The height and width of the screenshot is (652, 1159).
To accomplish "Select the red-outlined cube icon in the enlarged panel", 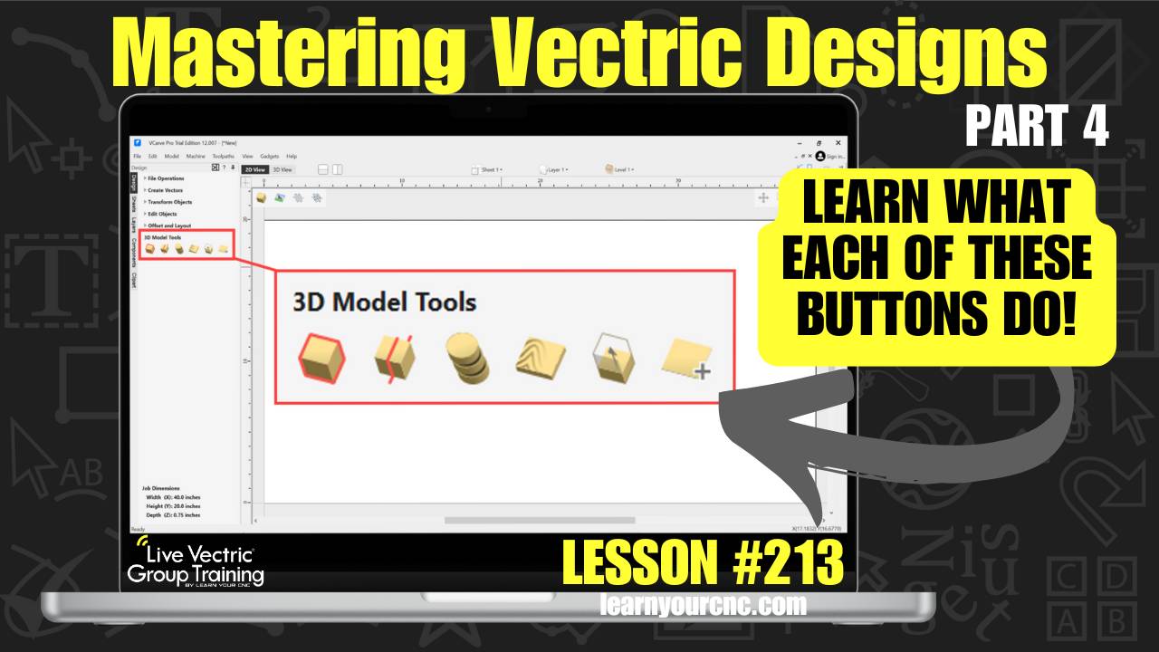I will click(x=321, y=359).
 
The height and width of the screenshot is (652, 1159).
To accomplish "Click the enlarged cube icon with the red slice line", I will click(x=396, y=359).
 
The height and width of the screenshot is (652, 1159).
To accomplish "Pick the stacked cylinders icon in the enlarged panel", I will click(x=467, y=359).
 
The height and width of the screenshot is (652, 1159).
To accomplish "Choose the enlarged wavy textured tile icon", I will click(x=540, y=359).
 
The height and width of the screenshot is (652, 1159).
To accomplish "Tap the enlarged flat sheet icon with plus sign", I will click(x=685, y=360).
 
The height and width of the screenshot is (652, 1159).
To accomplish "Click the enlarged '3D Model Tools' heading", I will click(x=384, y=302).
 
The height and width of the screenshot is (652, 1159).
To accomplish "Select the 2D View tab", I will click(x=254, y=169).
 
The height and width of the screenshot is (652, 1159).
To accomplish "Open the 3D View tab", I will click(x=283, y=169).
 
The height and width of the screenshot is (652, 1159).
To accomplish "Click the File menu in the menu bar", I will click(x=137, y=157).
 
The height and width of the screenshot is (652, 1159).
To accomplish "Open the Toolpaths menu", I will click(x=223, y=157).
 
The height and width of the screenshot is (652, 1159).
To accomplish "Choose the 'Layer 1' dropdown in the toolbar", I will click(x=554, y=169).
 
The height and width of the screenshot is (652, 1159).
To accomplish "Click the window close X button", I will click(x=838, y=143).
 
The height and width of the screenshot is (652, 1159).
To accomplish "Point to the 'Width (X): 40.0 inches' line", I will click(x=173, y=497).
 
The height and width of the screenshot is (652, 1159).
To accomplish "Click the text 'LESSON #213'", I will click(x=703, y=561).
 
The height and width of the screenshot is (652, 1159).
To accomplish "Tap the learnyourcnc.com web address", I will click(x=702, y=605).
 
